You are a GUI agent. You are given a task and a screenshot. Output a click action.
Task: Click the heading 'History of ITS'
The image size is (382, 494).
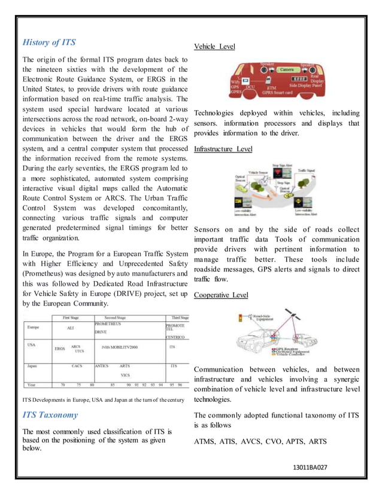(49, 42)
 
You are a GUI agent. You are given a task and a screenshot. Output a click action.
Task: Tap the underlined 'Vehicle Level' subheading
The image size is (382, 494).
(214, 47)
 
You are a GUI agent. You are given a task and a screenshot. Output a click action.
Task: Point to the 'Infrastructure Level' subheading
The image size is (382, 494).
(223, 148)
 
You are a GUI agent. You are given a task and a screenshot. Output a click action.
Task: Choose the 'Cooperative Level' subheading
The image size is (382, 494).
(221, 295)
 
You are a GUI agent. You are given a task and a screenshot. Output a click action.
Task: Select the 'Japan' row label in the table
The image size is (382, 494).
(32, 365)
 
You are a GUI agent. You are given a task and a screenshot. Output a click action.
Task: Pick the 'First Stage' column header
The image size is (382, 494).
(71, 318)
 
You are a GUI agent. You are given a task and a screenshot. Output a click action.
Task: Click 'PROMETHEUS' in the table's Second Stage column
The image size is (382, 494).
(108, 324)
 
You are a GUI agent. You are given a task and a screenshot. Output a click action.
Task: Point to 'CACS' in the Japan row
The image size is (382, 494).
(77, 365)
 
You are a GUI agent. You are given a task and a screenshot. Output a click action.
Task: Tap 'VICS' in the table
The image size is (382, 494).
(125, 375)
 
